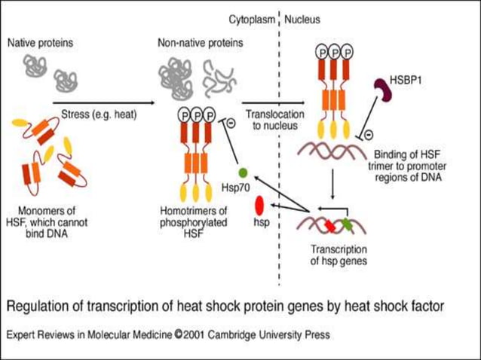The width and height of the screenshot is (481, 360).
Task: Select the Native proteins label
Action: (x=40, y=43)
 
